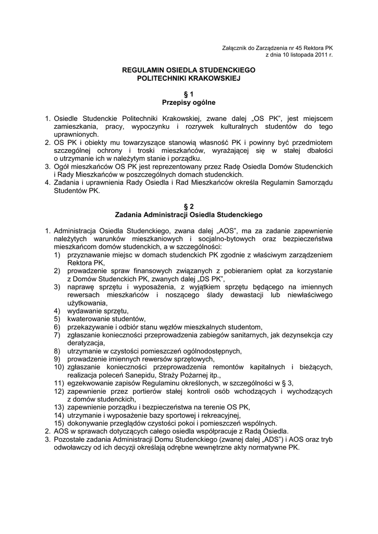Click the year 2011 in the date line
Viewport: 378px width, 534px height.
point(319,54)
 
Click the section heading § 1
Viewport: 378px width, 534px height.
point(188,94)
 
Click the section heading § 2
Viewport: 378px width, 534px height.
point(188,207)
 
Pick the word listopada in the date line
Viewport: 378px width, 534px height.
point(296,54)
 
